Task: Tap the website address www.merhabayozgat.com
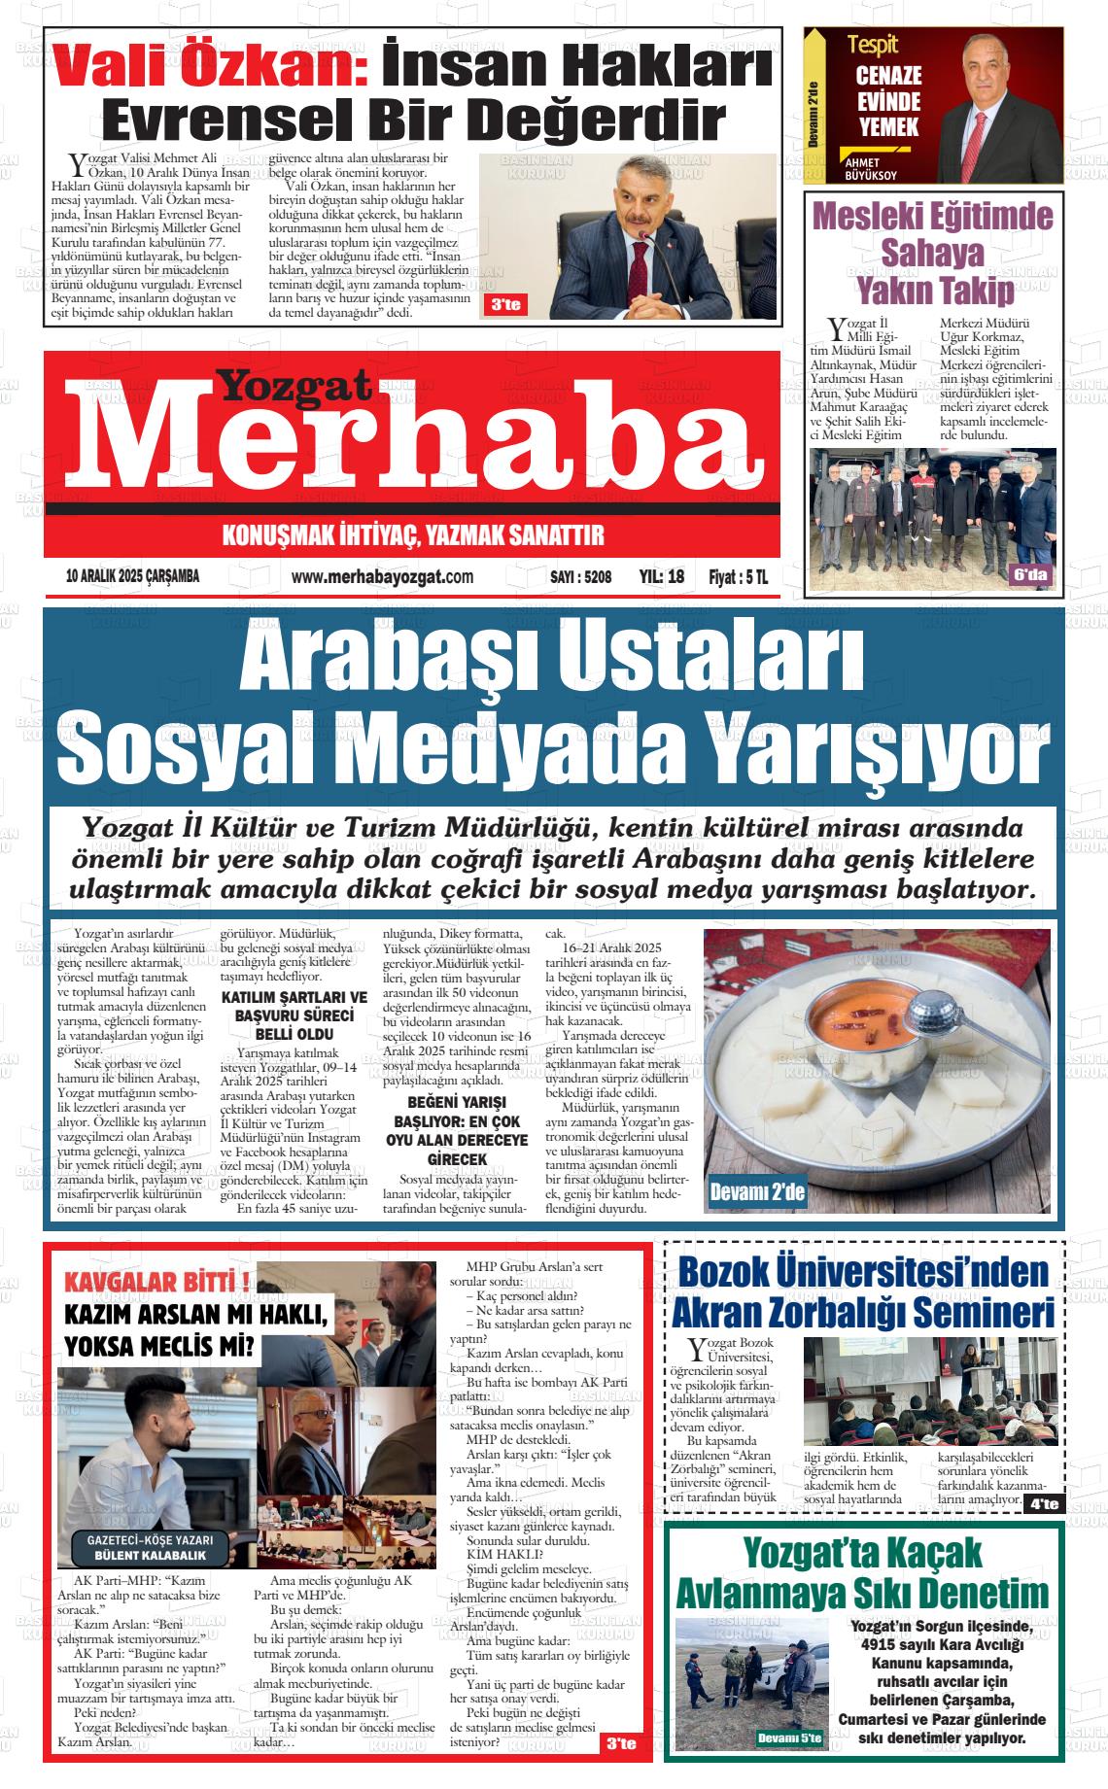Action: coord(382,577)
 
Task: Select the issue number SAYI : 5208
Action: coord(580,577)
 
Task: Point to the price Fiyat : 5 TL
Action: coord(738,577)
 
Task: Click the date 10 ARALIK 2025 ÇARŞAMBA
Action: coord(132,576)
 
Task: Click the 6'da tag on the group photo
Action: coord(1031,575)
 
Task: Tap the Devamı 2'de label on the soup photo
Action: coord(757,1191)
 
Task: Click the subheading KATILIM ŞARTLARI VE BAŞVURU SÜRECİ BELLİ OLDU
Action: coord(294,1015)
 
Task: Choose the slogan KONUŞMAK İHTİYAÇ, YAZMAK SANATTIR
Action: coord(413,535)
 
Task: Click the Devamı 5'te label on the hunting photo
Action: coord(788,1737)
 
